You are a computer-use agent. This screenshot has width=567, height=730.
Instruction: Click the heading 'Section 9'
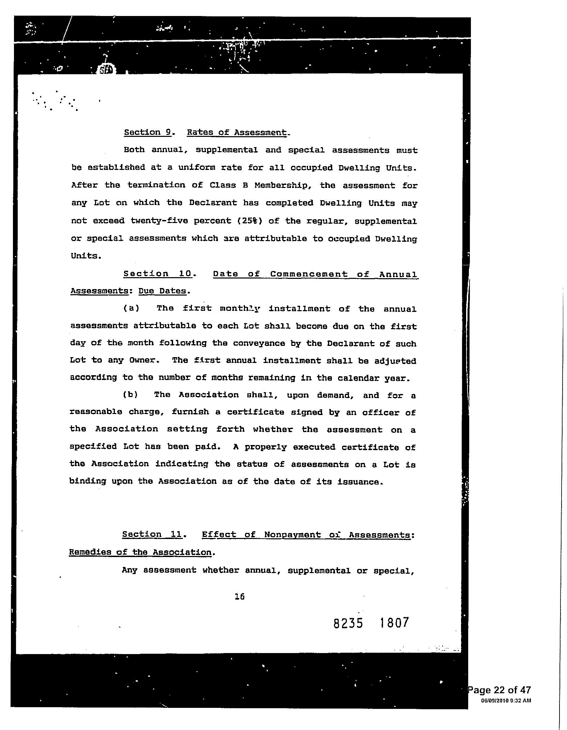coord(147,132)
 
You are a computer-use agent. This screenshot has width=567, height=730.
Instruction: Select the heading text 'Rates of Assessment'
coord(237,132)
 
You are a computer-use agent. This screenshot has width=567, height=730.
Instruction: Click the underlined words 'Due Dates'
coord(163,291)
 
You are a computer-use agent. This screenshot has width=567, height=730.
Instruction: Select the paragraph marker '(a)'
coord(131,309)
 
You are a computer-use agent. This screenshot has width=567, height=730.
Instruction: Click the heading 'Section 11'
coord(153,534)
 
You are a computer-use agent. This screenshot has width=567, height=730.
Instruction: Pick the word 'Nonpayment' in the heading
coord(292,535)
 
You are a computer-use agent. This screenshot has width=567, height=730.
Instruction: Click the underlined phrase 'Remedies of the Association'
coord(140,552)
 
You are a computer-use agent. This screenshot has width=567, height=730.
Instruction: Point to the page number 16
coord(240,596)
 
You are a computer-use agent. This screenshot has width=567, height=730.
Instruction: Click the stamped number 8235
coord(348,623)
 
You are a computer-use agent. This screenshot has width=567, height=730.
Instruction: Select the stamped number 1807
coord(394,623)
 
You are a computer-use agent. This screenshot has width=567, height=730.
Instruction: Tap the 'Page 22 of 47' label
coord(500,690)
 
